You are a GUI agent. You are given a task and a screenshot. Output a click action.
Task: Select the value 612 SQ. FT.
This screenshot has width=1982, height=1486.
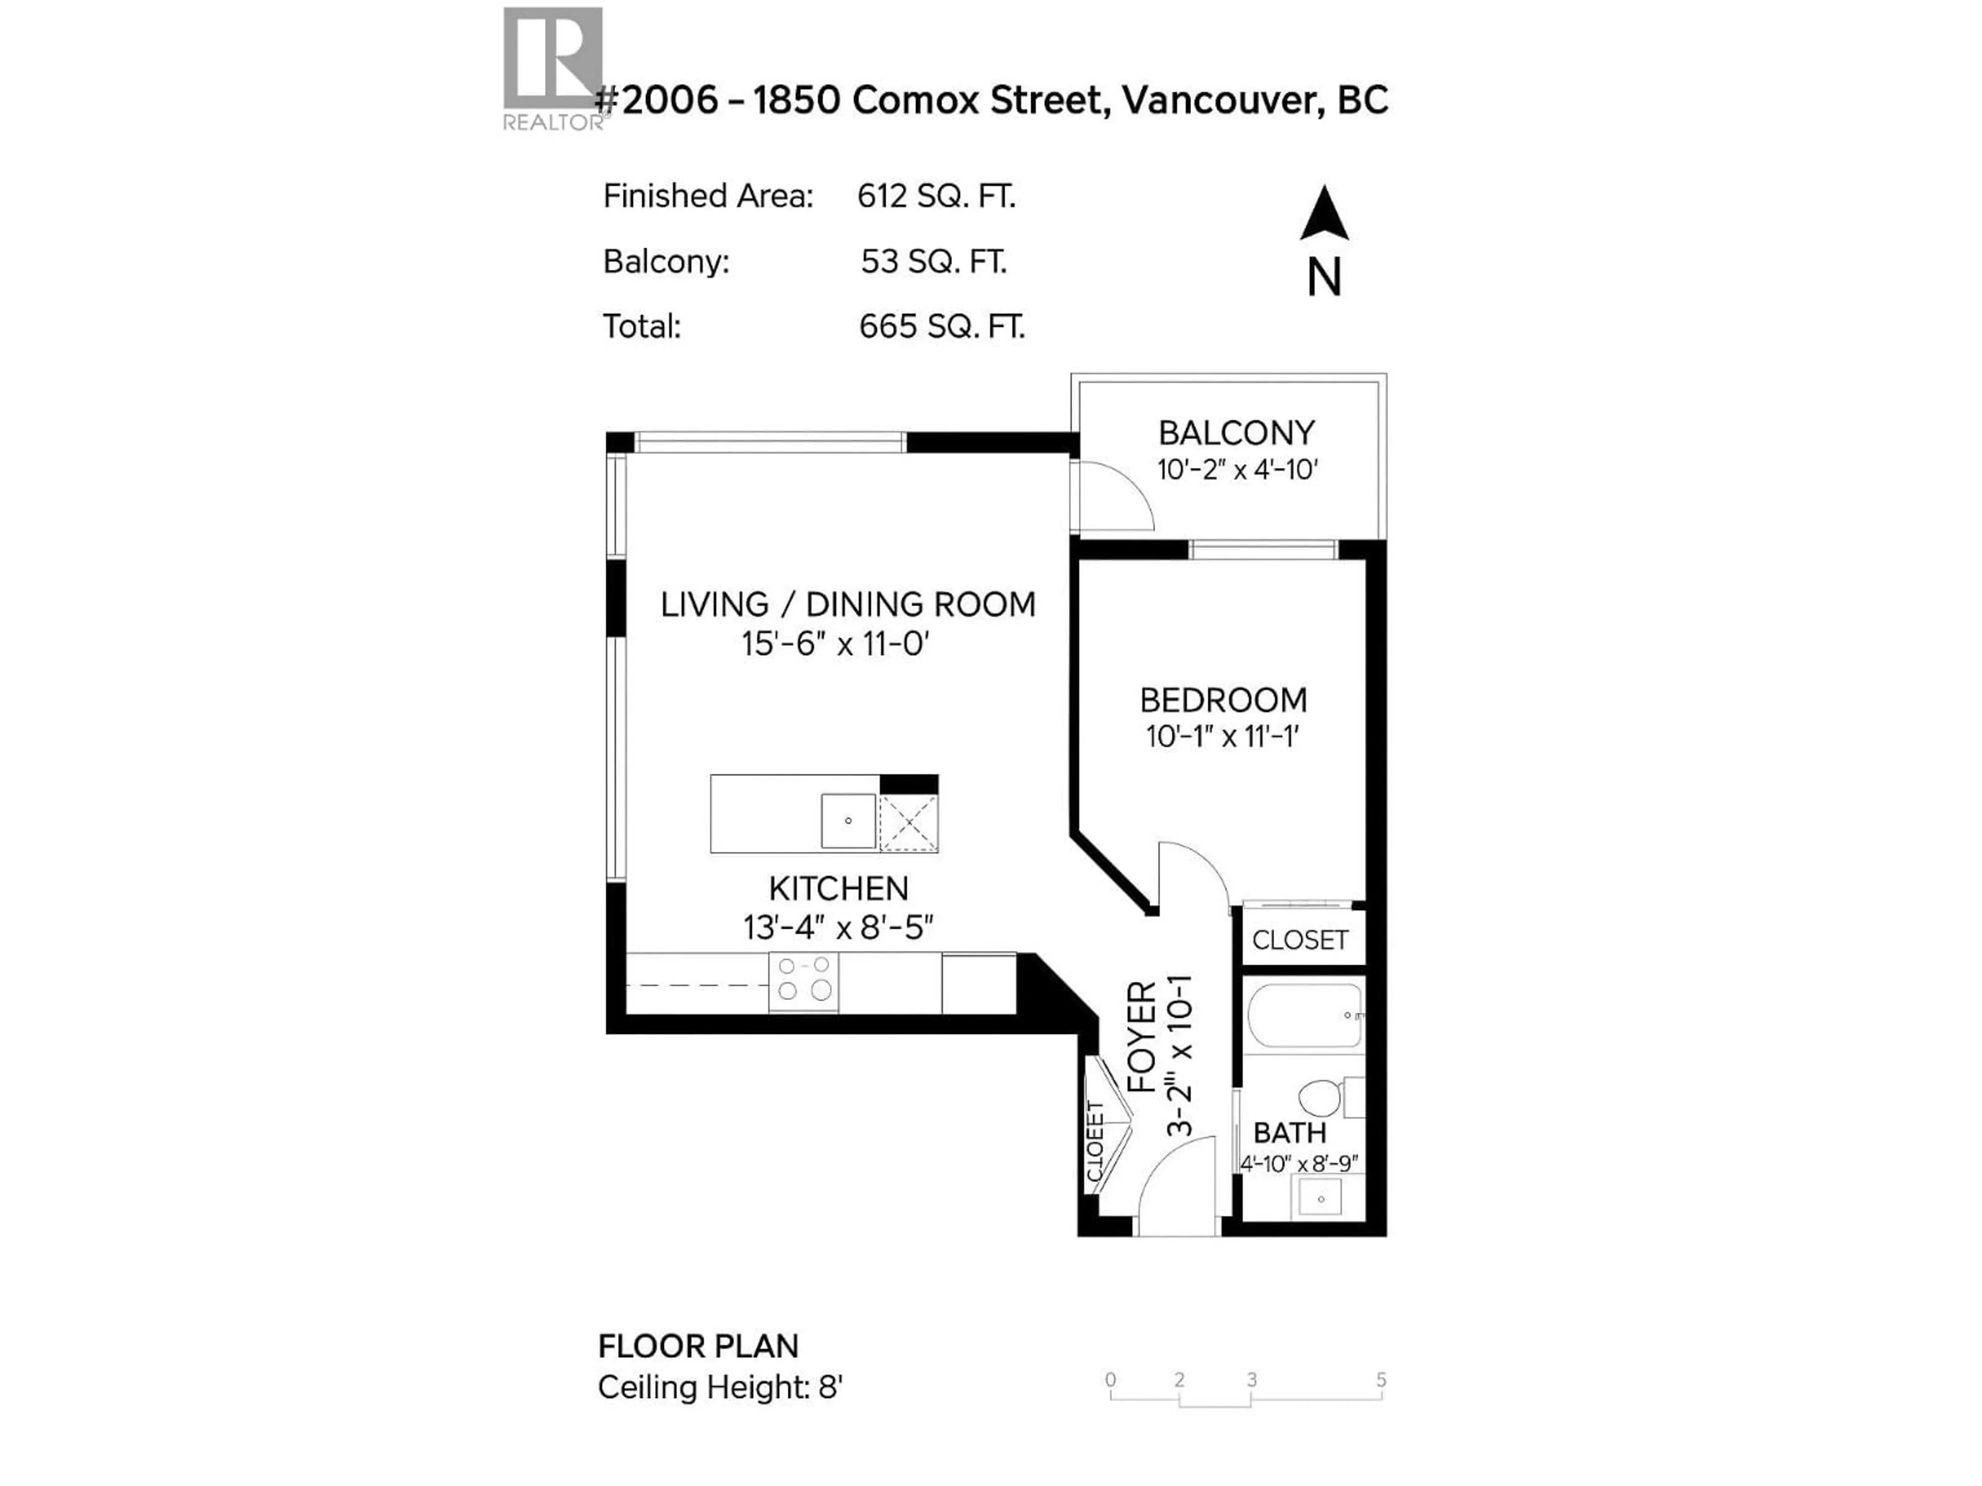[x=936, y=196]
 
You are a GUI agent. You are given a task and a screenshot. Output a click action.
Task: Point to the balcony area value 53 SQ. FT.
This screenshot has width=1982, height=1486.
[x=934, y=262]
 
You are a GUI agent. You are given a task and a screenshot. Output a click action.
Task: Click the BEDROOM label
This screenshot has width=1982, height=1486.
[x=1223, y=700]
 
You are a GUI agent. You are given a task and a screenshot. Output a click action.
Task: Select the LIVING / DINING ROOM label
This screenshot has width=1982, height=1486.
[x=848, y=605]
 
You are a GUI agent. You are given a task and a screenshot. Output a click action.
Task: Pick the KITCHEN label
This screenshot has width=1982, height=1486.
[x=839, y=889]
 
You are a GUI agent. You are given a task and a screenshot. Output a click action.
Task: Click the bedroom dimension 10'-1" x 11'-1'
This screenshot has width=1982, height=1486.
[x=1222, y=736]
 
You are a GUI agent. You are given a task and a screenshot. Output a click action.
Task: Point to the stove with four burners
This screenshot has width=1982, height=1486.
[x=804, y=982]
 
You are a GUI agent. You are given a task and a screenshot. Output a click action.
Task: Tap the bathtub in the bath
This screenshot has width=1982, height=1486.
[x=1305, y=1015]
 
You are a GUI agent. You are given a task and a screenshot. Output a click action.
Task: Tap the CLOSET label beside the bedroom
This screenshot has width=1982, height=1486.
[x=1299, y=941]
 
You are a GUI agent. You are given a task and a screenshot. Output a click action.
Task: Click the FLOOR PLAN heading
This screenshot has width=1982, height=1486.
[x=698, y=1346]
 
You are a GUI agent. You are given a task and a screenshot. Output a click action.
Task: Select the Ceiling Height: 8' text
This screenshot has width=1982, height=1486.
[x=721, y=1387]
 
